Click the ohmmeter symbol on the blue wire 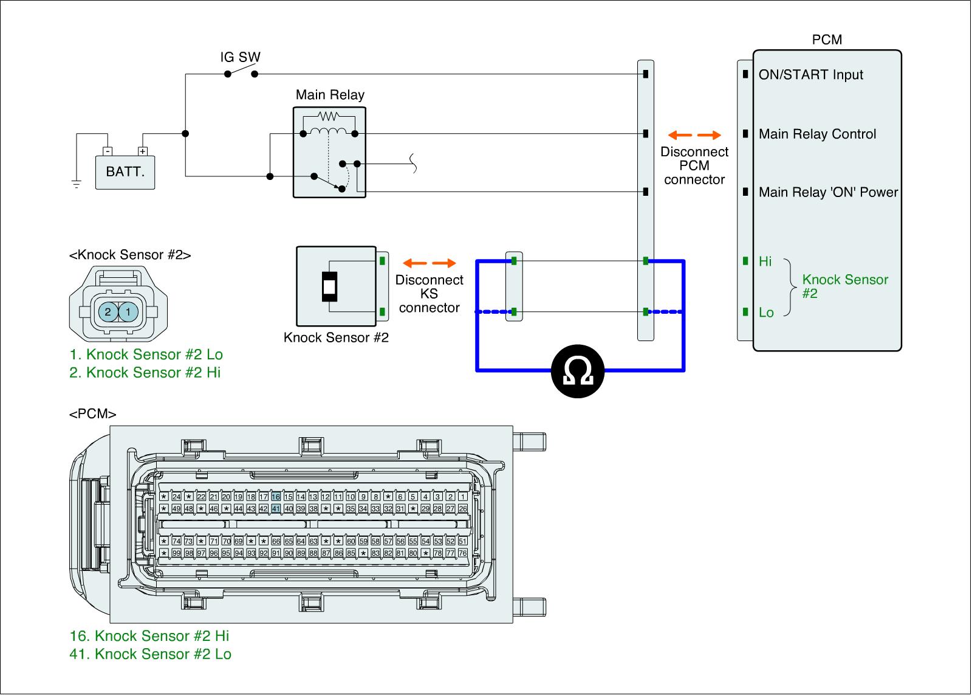(x=578, y=371)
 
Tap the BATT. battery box (x=125, y=171)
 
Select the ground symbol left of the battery (x=76, y=183)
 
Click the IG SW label (x=240, y=58)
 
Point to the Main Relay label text (x=330, y=95)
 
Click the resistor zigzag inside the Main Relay (x=329, y=116)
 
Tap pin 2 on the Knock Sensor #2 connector (x=108, y=312)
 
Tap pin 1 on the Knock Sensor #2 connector (x=128, y=312)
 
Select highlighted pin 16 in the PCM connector (x=276, y=497)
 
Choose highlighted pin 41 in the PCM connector (x=276, y=508)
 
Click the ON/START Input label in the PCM (x=810, y=75)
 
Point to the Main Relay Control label (x=817, y=134)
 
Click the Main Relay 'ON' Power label (x=828, y=193)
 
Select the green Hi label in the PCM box (x=765, y=261)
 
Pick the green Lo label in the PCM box (x=766, y=313)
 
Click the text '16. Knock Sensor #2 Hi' (x=149, y=636)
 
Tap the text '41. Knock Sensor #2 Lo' (x=151, y=654)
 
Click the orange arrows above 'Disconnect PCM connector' (x=694, y=135)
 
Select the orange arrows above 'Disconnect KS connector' (x=430, y=263)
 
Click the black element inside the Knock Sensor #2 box (x=329, y=286)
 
